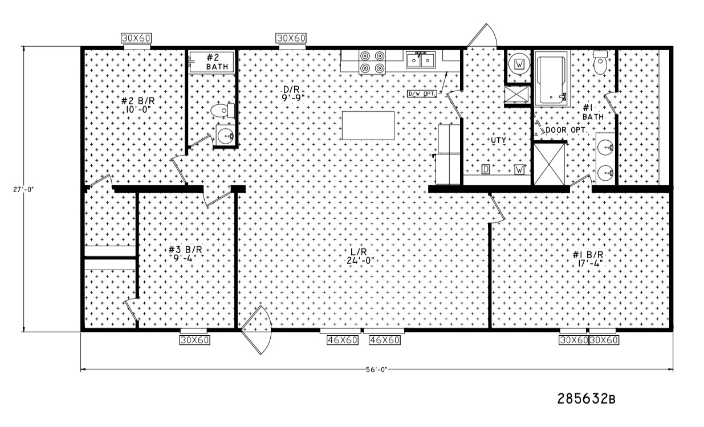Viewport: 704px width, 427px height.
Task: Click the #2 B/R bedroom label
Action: [x=138, y=105]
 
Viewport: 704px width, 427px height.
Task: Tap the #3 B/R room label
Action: [x=185, y=254]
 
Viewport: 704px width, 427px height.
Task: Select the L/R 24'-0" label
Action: [x=360, y=256]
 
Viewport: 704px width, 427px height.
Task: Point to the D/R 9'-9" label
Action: [x=293, y=94]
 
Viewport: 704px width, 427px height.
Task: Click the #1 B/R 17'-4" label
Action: [x=588, y=259]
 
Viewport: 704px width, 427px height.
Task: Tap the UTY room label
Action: [x=498, y=140]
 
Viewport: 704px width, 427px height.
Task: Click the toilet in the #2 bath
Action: [x=222, y=111]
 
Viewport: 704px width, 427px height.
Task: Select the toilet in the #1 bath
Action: [x=600, y=63]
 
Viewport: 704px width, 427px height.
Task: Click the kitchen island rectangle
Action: [x=368, y=125]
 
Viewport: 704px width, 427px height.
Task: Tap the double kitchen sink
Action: [x=421, y=60]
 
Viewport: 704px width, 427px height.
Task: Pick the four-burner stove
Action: [x=372, y=62]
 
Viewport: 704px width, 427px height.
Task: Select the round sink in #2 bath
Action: [x=225, y=135]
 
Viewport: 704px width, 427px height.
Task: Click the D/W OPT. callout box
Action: [x=422, y=93]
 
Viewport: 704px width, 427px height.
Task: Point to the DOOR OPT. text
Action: [x=565, y=130]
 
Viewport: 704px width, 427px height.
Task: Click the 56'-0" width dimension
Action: [x=376, y=370]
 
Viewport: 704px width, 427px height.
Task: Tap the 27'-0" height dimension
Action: [x=23, y=189]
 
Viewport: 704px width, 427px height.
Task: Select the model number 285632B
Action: [x=586, y=399]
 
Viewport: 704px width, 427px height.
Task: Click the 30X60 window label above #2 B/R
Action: [x=136, y=38]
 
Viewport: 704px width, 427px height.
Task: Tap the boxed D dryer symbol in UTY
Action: [x=486, y=169]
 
